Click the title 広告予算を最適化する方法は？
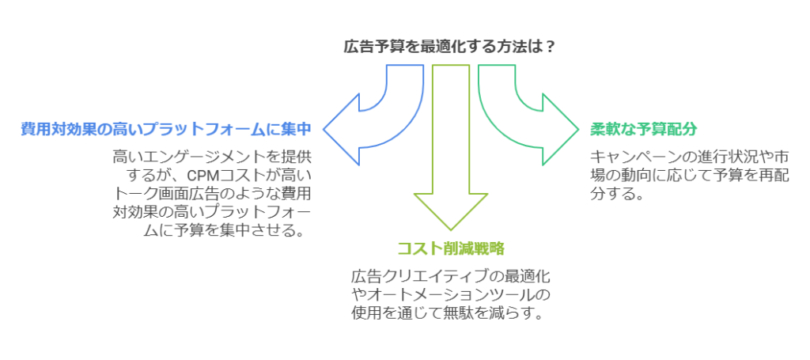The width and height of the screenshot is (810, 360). click(449, 46)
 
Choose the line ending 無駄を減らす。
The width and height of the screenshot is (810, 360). click(449, 314)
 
